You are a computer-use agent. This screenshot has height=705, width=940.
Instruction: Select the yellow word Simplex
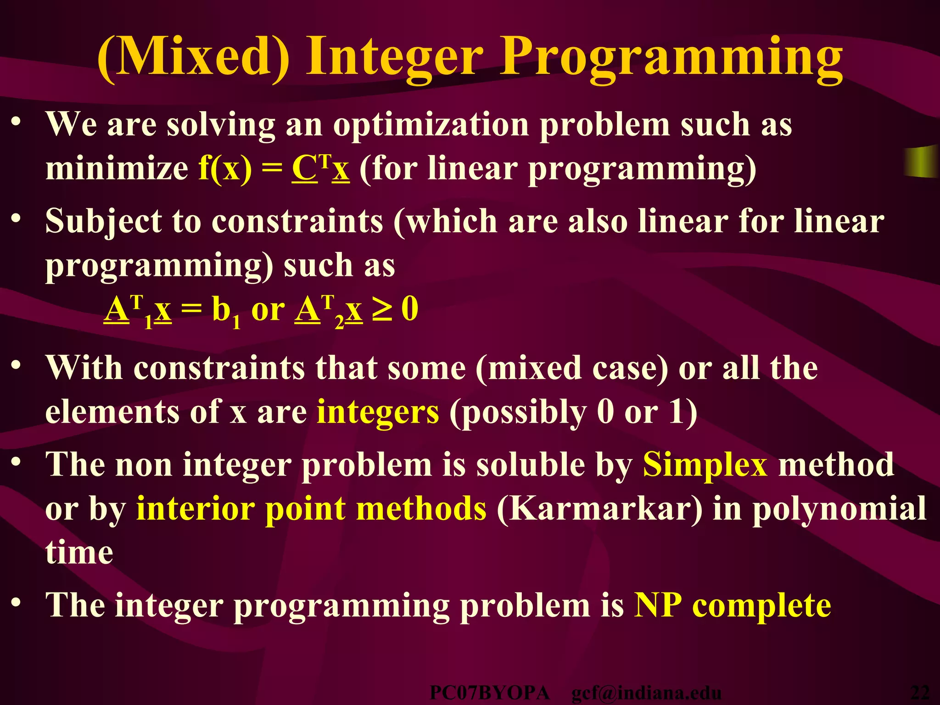pyautogui.click(x=705, y=464)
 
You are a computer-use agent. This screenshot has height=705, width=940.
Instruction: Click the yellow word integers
pyautogui.click(x=377, y=412)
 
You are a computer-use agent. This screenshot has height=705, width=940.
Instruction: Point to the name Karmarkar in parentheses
pyautogui.click(x=599, y=509)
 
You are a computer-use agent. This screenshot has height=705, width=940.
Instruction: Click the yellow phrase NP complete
pyautogui.click(x=732, y=605)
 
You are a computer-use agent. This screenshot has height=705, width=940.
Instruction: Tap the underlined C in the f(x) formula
pyautogui.click(x=304, y=168)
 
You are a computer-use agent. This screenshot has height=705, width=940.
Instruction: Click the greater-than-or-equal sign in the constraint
pyautogui.click(x=382, y=309)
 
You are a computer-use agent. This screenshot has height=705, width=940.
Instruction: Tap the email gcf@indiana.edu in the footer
pyautogui.click(x=646, y=693)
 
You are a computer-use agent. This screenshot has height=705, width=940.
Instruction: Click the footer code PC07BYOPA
pyautogui.click(x=489, y=693)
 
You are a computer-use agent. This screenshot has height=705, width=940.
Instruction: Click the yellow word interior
pyautogui.click(x=195, y=509)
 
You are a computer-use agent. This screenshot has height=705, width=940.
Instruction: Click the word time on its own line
pyautogui.click(x=79, y=552)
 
